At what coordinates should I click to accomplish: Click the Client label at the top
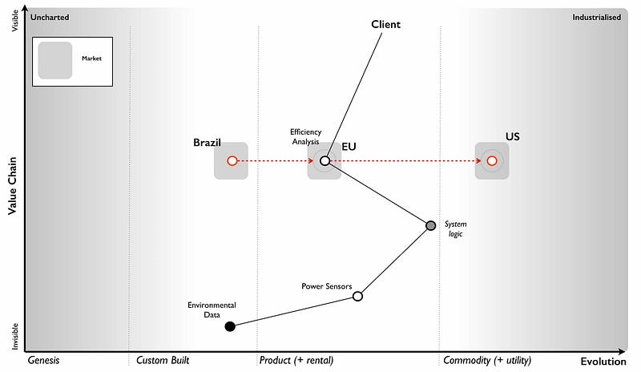click(385, 24)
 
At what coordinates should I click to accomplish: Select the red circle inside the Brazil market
click(232, 160)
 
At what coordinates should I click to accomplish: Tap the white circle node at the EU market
click(325, 160)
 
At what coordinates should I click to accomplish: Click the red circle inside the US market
click(492, 160)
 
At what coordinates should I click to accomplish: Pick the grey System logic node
click(431, 225)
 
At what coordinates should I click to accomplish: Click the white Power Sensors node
click(357, 296)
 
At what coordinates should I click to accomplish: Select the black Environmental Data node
click(230, 326)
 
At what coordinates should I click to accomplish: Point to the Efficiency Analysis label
click(305, 136)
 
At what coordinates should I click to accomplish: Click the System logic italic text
click(454, 229)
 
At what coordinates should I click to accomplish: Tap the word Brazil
click(207, 143)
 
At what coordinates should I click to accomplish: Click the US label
click(512, 136)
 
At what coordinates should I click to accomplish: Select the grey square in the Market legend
click(55, 60)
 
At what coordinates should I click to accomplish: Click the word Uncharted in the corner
click(49, 17)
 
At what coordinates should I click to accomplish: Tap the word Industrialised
click(596, 17)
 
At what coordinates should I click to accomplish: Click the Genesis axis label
click(44, 361)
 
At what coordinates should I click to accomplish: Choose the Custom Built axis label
click(163, 361)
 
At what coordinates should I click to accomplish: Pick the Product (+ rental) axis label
click(296, 361)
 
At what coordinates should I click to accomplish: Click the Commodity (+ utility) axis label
click(486, 361)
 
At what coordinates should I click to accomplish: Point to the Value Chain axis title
click(13, 185)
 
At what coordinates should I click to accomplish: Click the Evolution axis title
click(603, 362)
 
